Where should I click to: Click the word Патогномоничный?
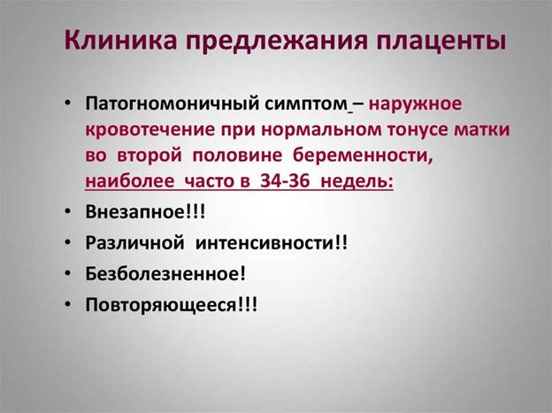tap(172, 103)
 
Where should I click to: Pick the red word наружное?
tap(415, 104)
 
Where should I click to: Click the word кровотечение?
tap(150, 130)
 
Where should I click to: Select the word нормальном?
tap(321, 130)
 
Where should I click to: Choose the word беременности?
tap(363, 156)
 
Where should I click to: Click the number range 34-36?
tap(285, 181)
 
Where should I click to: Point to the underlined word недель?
tap(357, 181)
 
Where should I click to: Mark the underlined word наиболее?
tap(129, 181)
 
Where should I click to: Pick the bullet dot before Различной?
tap(68, 242)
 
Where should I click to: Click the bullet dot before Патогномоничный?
tap(68, 103)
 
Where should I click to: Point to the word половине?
tap(237, 156)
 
